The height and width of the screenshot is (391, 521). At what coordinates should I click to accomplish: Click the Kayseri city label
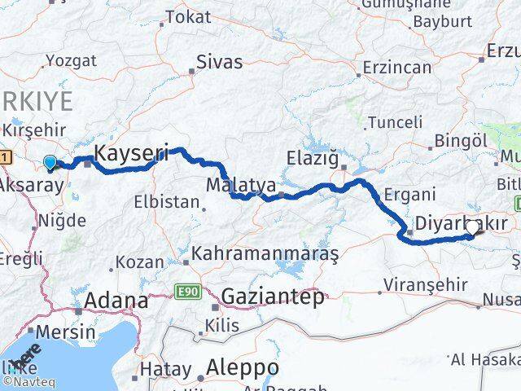132,152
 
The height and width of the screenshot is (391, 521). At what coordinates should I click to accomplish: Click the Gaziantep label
272,297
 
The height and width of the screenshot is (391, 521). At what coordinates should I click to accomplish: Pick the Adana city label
113,299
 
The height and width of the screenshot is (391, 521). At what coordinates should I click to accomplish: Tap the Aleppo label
243,367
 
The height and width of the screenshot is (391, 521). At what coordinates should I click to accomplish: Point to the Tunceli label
395,122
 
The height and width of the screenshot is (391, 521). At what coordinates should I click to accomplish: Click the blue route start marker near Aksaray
50,163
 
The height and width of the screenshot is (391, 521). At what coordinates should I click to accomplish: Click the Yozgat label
71,60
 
